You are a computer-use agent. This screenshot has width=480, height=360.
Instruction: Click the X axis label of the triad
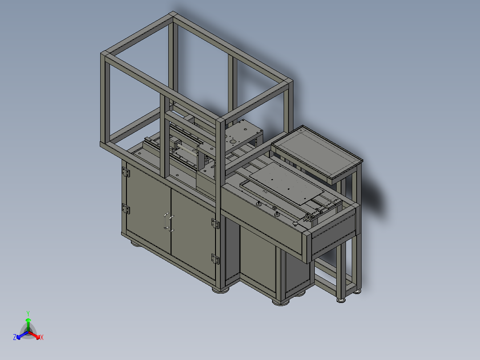(42, 338)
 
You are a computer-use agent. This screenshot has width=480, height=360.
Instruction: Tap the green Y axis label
(28, 313)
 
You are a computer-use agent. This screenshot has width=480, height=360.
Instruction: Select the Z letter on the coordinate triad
(15, 337)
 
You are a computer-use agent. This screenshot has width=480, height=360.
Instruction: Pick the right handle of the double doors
(171, 223)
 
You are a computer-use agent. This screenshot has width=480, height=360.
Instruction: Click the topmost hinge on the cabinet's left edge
(125, 171)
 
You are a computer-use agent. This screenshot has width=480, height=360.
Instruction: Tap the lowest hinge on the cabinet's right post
(216, 259)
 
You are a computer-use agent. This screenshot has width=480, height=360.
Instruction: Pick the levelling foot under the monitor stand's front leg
(342, 299)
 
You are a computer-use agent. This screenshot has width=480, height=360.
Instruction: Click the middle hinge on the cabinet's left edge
(125, 208)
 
